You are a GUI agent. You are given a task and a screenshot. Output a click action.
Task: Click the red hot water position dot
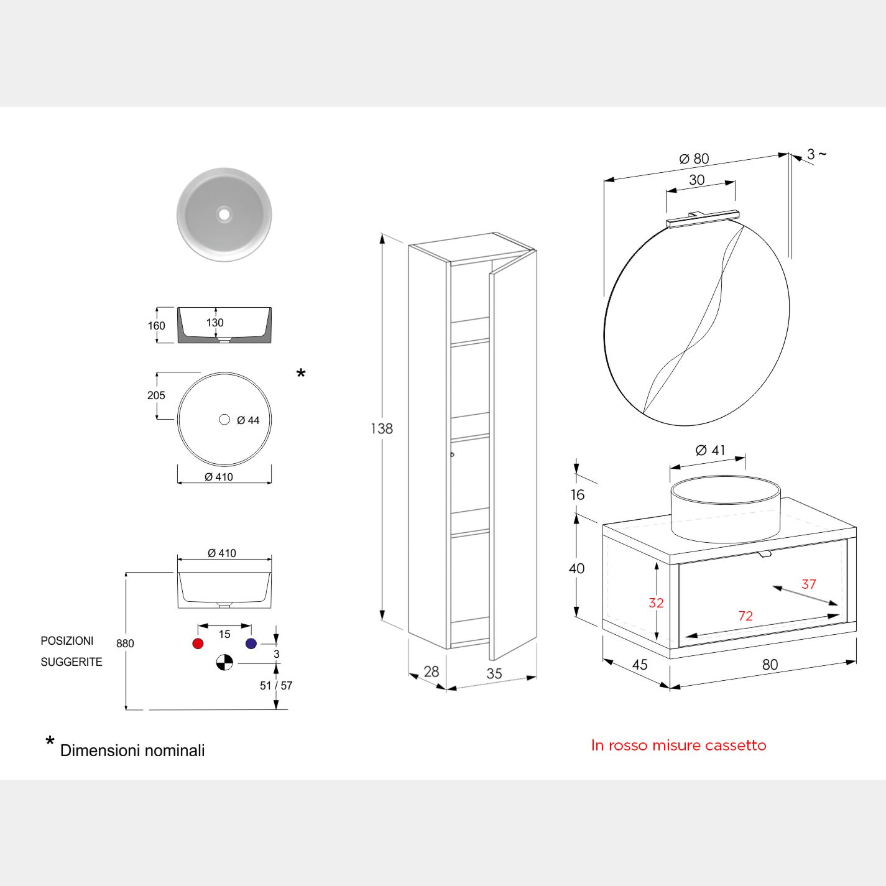pos(198,644)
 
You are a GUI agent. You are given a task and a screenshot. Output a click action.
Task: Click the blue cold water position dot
pos(251,644)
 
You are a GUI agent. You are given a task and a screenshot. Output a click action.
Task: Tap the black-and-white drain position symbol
pos(224,663)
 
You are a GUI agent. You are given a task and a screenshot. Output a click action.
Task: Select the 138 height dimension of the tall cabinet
pos(382,428)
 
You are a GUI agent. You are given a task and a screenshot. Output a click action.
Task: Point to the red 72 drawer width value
pos(745,616)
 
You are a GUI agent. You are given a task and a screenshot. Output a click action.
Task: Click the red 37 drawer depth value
pos(808,584)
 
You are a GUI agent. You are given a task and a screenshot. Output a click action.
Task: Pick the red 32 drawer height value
pos(656,602)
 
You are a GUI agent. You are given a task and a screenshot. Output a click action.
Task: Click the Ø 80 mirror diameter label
pos(694,159)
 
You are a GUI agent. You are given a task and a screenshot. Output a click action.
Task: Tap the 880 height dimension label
pos(125,644)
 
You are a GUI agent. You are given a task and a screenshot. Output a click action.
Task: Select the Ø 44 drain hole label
pos(248,420)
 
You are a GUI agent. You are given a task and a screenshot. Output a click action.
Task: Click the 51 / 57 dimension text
pos(276,686)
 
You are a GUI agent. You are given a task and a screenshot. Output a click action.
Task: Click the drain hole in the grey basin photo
pos(224,215)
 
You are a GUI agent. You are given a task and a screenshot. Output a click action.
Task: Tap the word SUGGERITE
pos(72,662)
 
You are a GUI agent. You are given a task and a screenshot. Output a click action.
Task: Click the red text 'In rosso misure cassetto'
pos(678,745)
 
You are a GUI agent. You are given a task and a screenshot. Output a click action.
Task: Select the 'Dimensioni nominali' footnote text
pos(132,750)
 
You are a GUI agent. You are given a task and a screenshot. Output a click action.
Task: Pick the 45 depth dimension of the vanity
pos(640,665)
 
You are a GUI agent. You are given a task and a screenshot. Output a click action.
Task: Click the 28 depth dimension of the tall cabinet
pos(431,671)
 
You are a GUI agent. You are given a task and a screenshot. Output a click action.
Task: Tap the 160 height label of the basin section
pos(157,326)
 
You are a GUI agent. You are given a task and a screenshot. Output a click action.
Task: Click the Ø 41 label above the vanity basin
pos(710,450)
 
